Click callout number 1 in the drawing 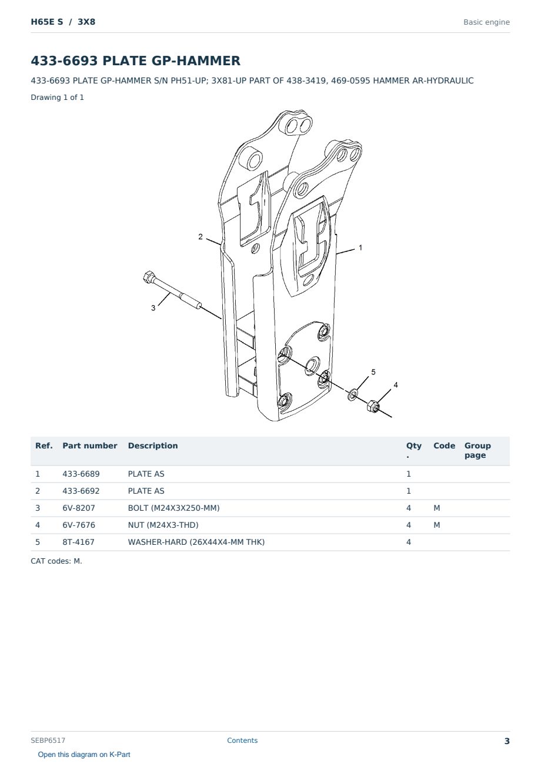[x=360, y=247]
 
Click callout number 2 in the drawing [x=201, y=236]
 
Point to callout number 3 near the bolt [x=153, y=308]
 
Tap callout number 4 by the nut [x=396, y=385]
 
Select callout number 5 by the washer [x=373, y=372]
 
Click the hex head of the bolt [x=149, y=277]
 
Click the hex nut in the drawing [x=373, y=406]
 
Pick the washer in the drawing [x=353, y=394]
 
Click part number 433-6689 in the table [x=81, y=474]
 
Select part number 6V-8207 [x=79, y=508]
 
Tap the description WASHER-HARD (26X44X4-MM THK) [x=196, y=542]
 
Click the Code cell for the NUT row [x=436, y=525]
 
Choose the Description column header [x=153, y=445]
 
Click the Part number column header [x=90, y=445]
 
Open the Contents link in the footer [x=242, y=740]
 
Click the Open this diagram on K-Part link [x=84, y=755]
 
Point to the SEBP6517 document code [x=48, y=740]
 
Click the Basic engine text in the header [x=486, y=22]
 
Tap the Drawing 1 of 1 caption [x=57, y=97]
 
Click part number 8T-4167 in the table [x=78, y=542]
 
